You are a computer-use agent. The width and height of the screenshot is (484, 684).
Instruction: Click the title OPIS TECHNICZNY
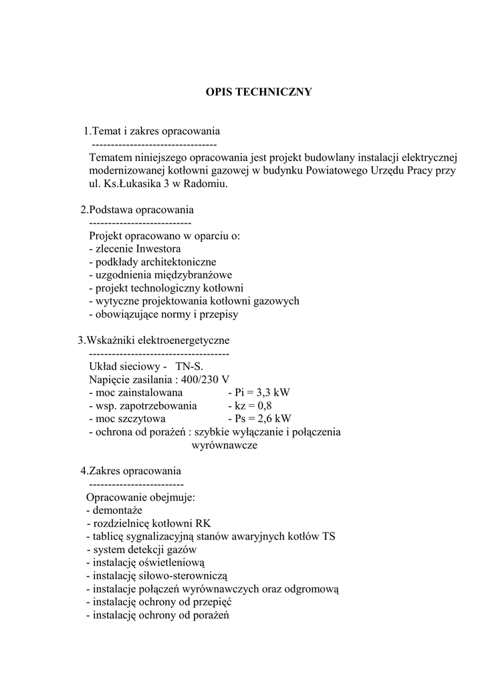[258, 92]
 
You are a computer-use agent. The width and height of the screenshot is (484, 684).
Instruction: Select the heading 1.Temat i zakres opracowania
[152, 130]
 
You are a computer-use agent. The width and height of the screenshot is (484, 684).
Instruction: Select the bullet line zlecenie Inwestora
[134, 248]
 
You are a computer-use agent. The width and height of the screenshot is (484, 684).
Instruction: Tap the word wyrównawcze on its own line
[225, 445]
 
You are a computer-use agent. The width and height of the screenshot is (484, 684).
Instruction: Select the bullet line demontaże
[114, 510]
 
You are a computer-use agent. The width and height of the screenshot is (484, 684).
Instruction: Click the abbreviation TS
[329, 536]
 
